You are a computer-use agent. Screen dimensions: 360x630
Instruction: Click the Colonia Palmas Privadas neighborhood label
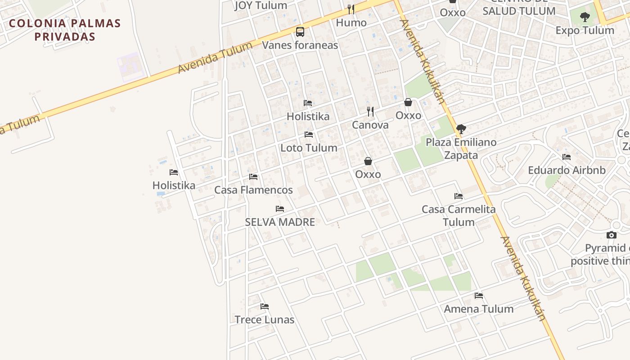65,30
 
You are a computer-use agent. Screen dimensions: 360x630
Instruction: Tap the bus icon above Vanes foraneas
300,32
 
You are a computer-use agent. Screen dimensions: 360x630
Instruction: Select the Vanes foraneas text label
300,45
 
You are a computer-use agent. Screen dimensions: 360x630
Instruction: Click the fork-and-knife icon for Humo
351,9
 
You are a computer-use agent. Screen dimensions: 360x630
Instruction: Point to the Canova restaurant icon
370,111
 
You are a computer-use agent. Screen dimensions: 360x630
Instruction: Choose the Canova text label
370,125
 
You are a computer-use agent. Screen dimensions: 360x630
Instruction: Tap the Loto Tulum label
309,148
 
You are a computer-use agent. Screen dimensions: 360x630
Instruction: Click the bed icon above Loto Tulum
309,134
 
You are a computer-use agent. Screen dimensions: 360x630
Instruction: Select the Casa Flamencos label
253,190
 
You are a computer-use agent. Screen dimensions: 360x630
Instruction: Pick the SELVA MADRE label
280,222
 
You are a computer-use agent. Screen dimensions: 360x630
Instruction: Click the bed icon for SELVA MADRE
280,209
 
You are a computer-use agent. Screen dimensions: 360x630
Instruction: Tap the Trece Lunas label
265,319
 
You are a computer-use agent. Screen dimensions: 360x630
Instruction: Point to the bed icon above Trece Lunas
265,306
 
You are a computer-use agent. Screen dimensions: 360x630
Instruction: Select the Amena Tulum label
479,309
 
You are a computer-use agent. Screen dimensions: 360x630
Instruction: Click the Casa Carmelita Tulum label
459,216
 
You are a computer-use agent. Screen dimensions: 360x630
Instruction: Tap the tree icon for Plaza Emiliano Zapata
461,129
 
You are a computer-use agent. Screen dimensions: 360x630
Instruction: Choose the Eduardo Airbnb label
567,170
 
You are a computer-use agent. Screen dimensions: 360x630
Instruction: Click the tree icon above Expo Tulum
585,18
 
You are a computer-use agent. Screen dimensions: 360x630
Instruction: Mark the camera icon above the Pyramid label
611,235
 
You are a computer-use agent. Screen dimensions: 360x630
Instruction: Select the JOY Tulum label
261,5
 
